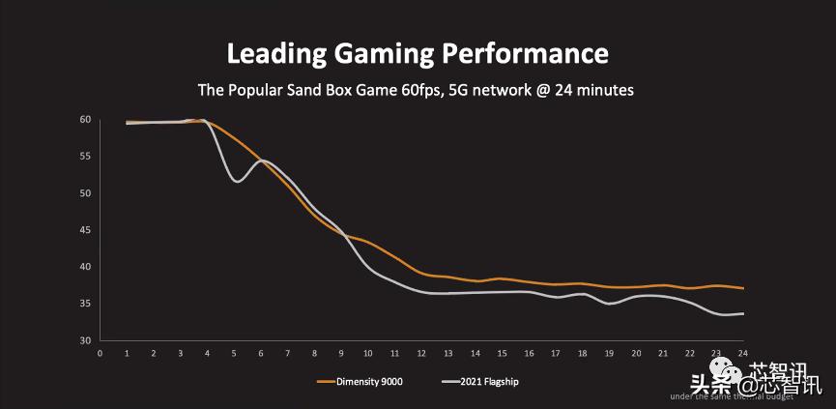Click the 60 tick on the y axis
click(x=85, y=120)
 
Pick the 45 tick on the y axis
click(x=85, y=230)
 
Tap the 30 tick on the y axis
click(x=85, y=340)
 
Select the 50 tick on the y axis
click(x=85, y=193)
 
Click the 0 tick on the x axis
click(x=101, y=354)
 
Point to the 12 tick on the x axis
click(x=421, y=354)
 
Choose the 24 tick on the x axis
click(x=742, y=354)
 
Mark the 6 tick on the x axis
click(x=261, y=354)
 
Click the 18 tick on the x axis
click(x=582, y=354)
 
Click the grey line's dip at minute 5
click(x=236, y=182)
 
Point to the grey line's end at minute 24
click(x=742, y=313)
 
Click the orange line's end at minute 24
click(x=742, y=288)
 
